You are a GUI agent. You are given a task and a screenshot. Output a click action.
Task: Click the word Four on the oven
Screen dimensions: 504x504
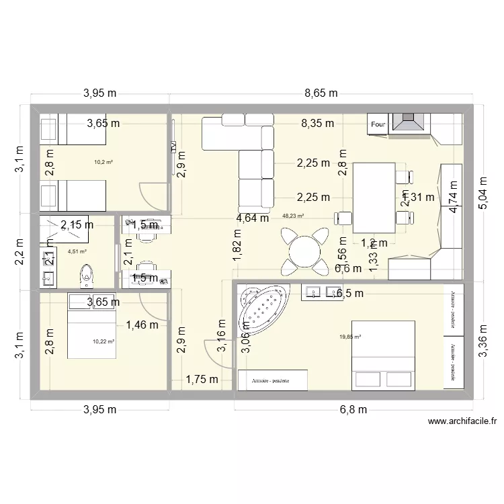coord(378,124)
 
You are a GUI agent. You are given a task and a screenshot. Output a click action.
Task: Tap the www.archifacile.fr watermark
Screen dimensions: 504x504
coord(462,422)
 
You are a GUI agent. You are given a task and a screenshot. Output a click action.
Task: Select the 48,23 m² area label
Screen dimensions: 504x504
coord(293,216)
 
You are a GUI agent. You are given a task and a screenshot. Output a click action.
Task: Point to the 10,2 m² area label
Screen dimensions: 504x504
coord(104,161)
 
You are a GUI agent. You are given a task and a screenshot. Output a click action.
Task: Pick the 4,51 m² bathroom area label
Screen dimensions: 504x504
coord(77,252)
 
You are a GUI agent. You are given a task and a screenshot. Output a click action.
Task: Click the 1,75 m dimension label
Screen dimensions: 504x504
coord(202,379)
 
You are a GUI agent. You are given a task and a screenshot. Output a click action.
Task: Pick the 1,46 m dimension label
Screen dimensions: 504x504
coord(142,325)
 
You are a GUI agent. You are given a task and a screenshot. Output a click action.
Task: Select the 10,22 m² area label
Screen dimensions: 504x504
coord(103,341)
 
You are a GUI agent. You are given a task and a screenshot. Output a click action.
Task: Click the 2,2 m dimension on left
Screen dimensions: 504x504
coord(21,252)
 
